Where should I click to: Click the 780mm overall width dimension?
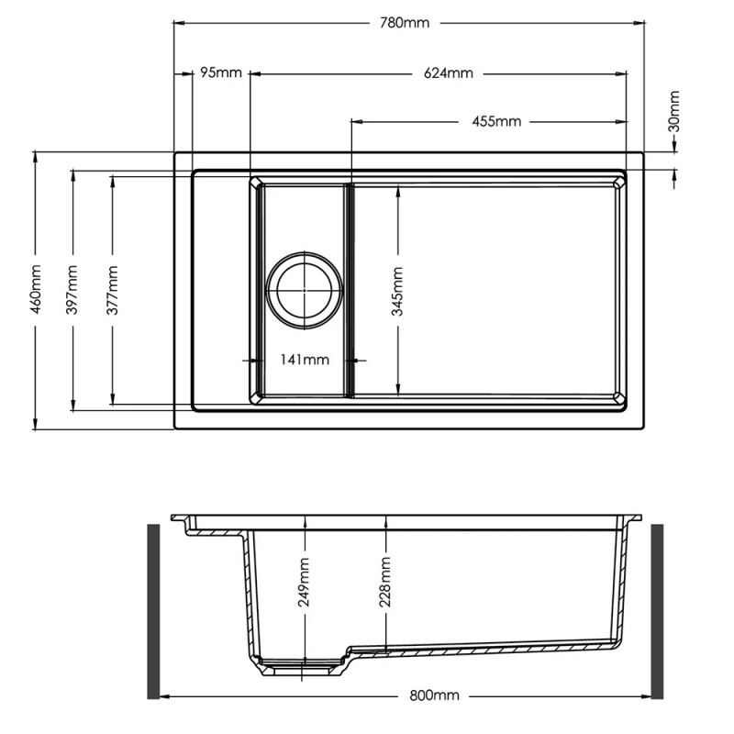(405, 23)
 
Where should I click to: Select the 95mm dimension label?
(221, 72)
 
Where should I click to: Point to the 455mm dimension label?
(496, 121)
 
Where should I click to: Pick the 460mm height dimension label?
(36, 289)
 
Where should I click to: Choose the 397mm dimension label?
(72, 289)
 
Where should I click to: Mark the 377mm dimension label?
(113, 289)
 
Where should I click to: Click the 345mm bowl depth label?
(397, 291)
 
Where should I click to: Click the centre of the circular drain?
(304, 288)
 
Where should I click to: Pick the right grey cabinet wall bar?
(658, 611)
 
